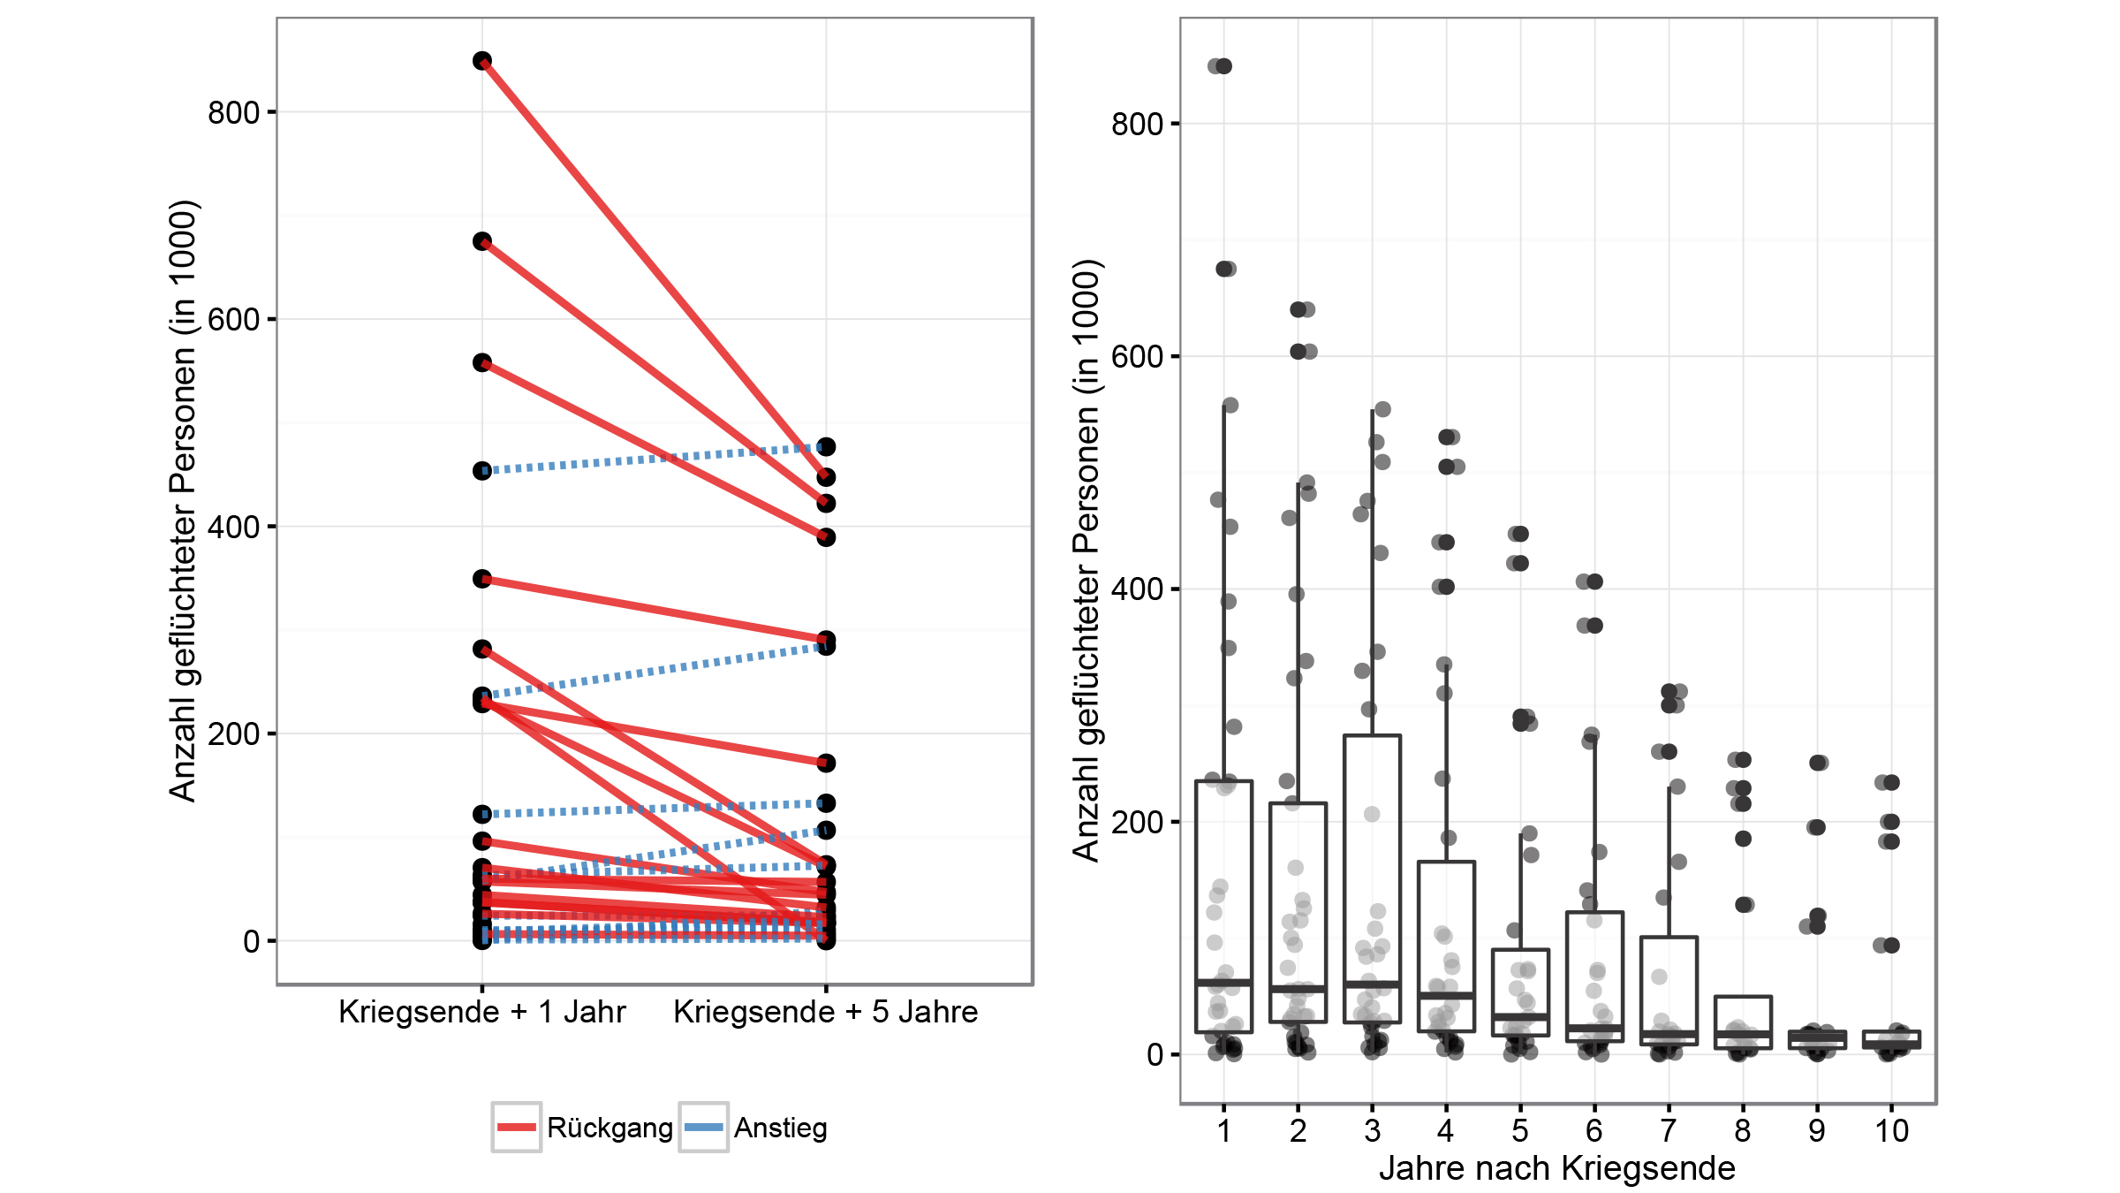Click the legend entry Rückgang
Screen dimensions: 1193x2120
[x=609, y=1128]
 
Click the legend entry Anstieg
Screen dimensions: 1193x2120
[x=780, y=1128]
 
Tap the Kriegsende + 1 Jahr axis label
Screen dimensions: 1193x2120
[x=481, y=1012]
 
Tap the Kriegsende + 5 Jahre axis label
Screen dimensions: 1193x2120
[x=825, y=1012]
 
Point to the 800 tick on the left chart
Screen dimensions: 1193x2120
[x=233, y=112]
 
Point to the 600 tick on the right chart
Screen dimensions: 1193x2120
[x=1137, y=356]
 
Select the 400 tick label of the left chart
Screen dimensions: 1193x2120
[x=233, y=527]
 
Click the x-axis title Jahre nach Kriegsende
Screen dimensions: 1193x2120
[x=1557, y=1168]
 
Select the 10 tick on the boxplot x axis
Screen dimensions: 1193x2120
[x=1891, y=1130]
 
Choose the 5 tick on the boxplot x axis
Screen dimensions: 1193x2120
[x=1519, y=1130]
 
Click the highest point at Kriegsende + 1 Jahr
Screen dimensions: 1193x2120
[x=482, y=61]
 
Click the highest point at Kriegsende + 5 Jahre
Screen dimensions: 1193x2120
[x=826, y=447]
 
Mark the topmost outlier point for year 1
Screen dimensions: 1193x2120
[x=1223, y=66]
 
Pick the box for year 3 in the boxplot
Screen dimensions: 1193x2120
[x=1372, y=878]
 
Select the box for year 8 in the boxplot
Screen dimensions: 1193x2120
[x=1743, y=1022]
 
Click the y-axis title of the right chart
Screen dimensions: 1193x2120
[x=1086, y=560]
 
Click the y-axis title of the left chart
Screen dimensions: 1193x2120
[x=182, y=501]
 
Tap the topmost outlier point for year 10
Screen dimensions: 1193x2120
[x=1890, y=782]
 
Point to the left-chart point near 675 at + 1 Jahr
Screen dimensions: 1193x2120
[x=482, y=241]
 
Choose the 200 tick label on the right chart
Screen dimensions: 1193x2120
[x=1137, y=822]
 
